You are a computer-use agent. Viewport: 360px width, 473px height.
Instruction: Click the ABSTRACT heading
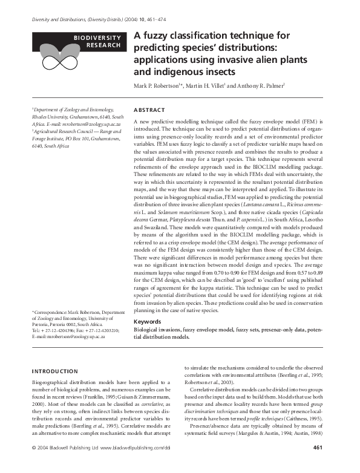(x=148, y=110)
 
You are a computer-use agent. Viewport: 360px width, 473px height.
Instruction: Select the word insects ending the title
(x=203, y=70)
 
